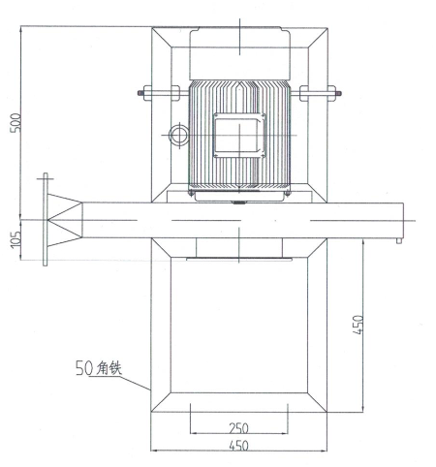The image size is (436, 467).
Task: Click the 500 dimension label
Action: coord(16,122)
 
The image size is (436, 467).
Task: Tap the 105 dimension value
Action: coord(16,239)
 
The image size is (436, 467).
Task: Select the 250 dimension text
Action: coord(238,428)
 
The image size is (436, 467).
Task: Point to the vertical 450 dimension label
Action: coord(358,325)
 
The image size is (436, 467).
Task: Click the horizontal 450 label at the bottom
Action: coord(238,446)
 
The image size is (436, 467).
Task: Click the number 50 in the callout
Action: coord(84,368)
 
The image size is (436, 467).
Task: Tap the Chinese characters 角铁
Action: coord(109,368)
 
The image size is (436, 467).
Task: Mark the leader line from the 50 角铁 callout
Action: coord(134,383)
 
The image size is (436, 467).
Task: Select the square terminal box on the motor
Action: coord(239,136)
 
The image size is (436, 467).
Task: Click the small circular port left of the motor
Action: coord(178,136)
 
